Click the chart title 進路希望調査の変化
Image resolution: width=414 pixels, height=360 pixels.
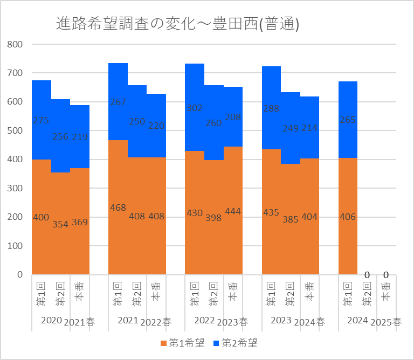point(178,24)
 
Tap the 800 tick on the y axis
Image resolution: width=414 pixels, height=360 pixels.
point(14,44)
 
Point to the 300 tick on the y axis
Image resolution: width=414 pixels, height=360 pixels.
point(14,188)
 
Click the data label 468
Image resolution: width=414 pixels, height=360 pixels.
point(118,208)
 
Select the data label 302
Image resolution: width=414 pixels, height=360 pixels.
point(194,108)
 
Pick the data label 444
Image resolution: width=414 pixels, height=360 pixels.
point(232,212)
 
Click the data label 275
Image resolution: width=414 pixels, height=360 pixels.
point(41,121)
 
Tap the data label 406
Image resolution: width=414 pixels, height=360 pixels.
point(348,217)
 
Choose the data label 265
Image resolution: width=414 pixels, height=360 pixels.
point(348,120)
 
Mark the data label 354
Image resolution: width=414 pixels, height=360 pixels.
point(60,224)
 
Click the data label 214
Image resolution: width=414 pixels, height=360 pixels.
point(309,128)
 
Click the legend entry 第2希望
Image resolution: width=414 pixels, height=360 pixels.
point(236,342)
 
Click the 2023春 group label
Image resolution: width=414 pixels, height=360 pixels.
point(232,322)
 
